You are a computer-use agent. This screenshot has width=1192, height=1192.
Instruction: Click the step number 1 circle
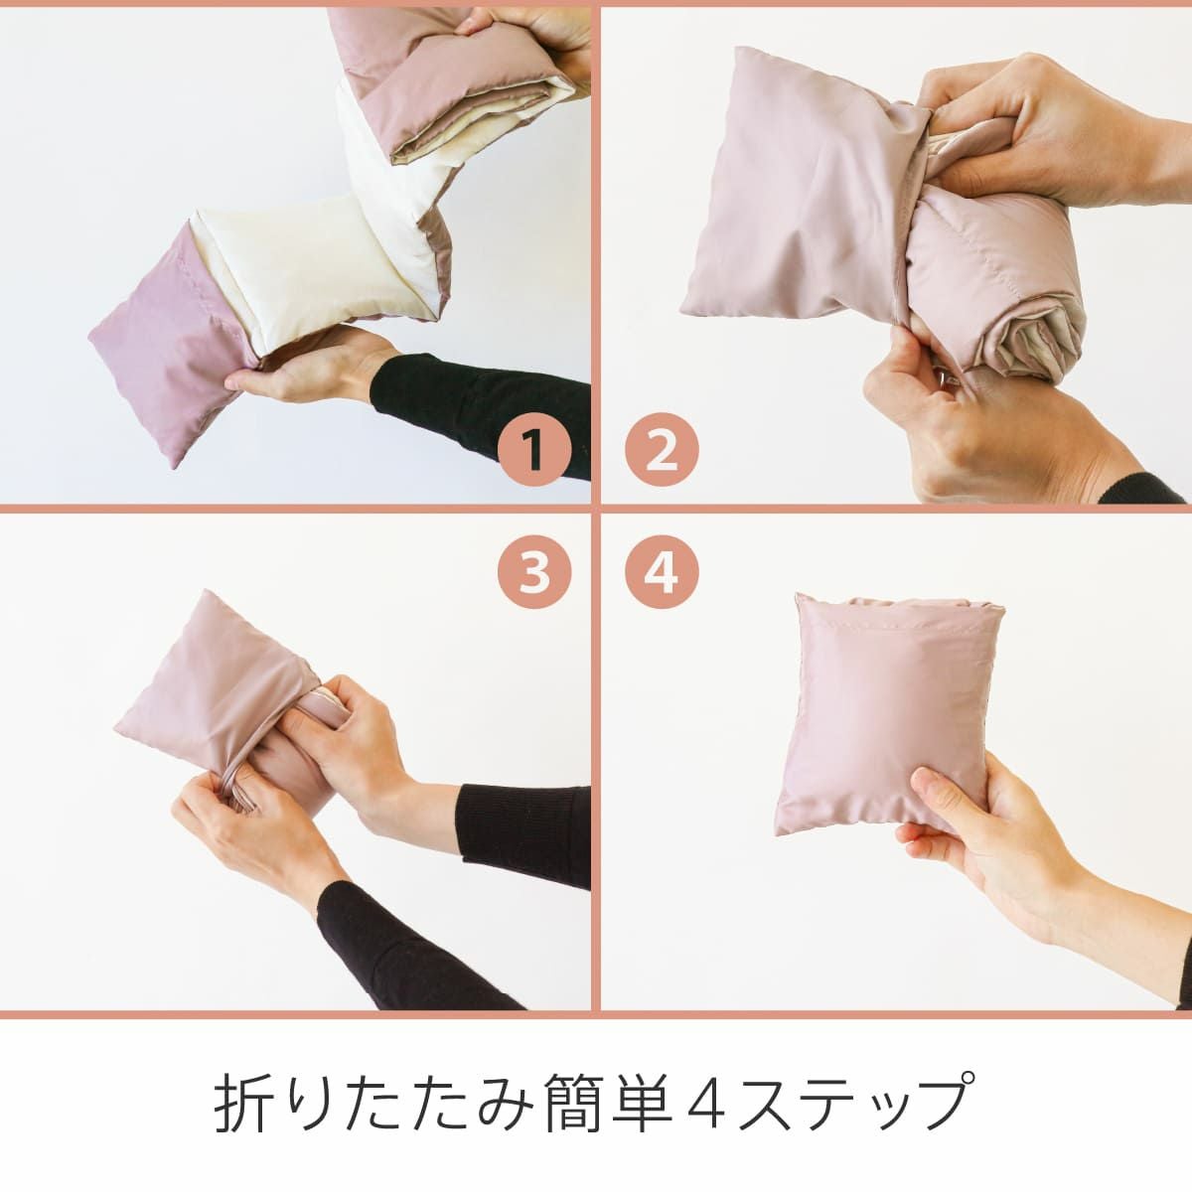[x=533, y=450]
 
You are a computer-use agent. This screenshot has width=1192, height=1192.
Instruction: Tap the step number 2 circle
[x=662, y=450]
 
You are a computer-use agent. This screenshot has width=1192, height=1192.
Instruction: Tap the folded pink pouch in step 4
[x=889, y=715]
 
